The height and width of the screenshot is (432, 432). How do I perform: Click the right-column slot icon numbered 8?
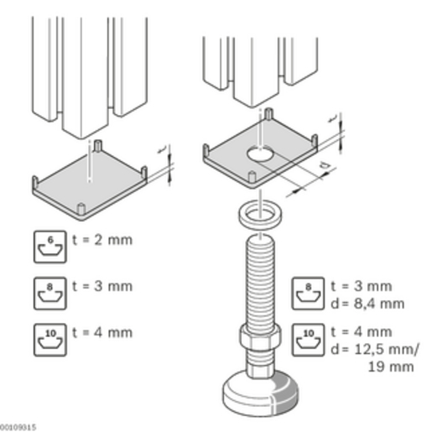308,291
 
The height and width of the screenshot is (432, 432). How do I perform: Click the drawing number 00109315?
18,425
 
